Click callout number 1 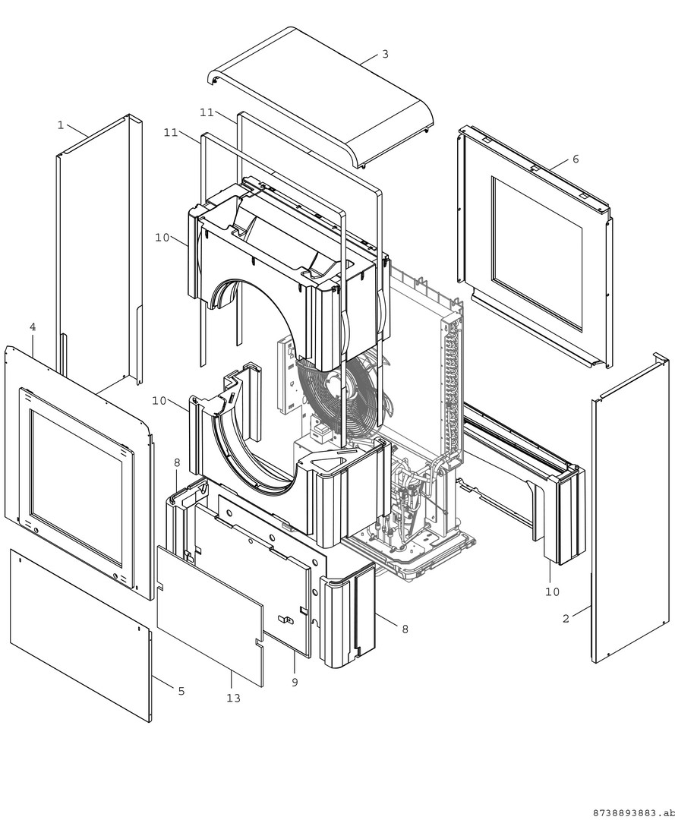pyautogui.click(x=61, y=125)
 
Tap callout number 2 pyautogui.click(x=566, y=619)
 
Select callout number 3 pyautogui.click(x=385, y=54)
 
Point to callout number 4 pyautogui.click(x=33, y=326)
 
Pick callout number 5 pyautogui.click(x=181, y=691)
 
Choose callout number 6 pyautogui.click(x=576, y=159)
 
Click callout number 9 pyautogui.click(x=295, y=682)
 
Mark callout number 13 pyautogui.click(x=233, y=698)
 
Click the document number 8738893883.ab pyautogui.click(x=629, y=812)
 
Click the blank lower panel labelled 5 pyautogui.click(x=80, y=634)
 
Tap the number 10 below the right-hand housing pyautogui.click(x=552, y=591)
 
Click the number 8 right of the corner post pyautogui.click(x=405, y=629)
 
